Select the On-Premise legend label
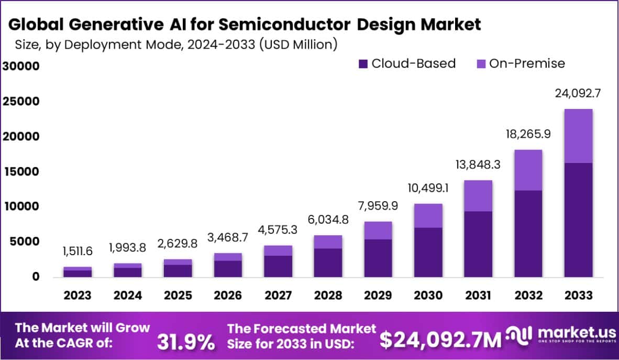pos(527,64)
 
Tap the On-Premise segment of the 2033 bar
pos(578,136)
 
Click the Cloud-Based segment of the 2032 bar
pos(528,233)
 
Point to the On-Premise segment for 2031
pos(477,195)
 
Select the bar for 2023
pos(78,272)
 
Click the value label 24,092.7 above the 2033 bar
pos(578,94)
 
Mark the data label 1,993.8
pos(128,247)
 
